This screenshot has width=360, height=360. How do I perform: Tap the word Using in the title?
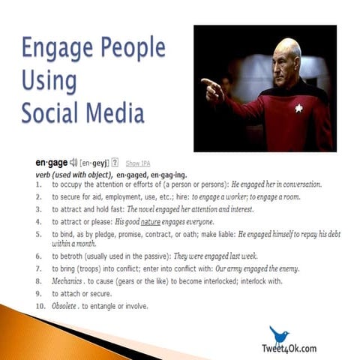click(x=49, y=80)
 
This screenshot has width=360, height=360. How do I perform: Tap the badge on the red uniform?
click(x=298, y=109)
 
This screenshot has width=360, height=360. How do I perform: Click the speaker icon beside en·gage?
click(x=73, y=162)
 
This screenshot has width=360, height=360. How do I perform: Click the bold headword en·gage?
click(x=50, y=162)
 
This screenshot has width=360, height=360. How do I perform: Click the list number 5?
click(x=38, y=234)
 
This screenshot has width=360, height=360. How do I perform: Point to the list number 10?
click(x=39, y=306)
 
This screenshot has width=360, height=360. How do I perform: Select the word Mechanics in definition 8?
click(x=66, y=280)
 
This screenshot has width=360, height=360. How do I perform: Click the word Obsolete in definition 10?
click(x=64, y=306)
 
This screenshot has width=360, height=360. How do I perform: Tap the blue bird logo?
click(x=279, y=334)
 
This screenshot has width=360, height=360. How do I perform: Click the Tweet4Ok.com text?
click(x=289, y=349)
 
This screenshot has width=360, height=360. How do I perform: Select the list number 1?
click(x=38, y=184)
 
